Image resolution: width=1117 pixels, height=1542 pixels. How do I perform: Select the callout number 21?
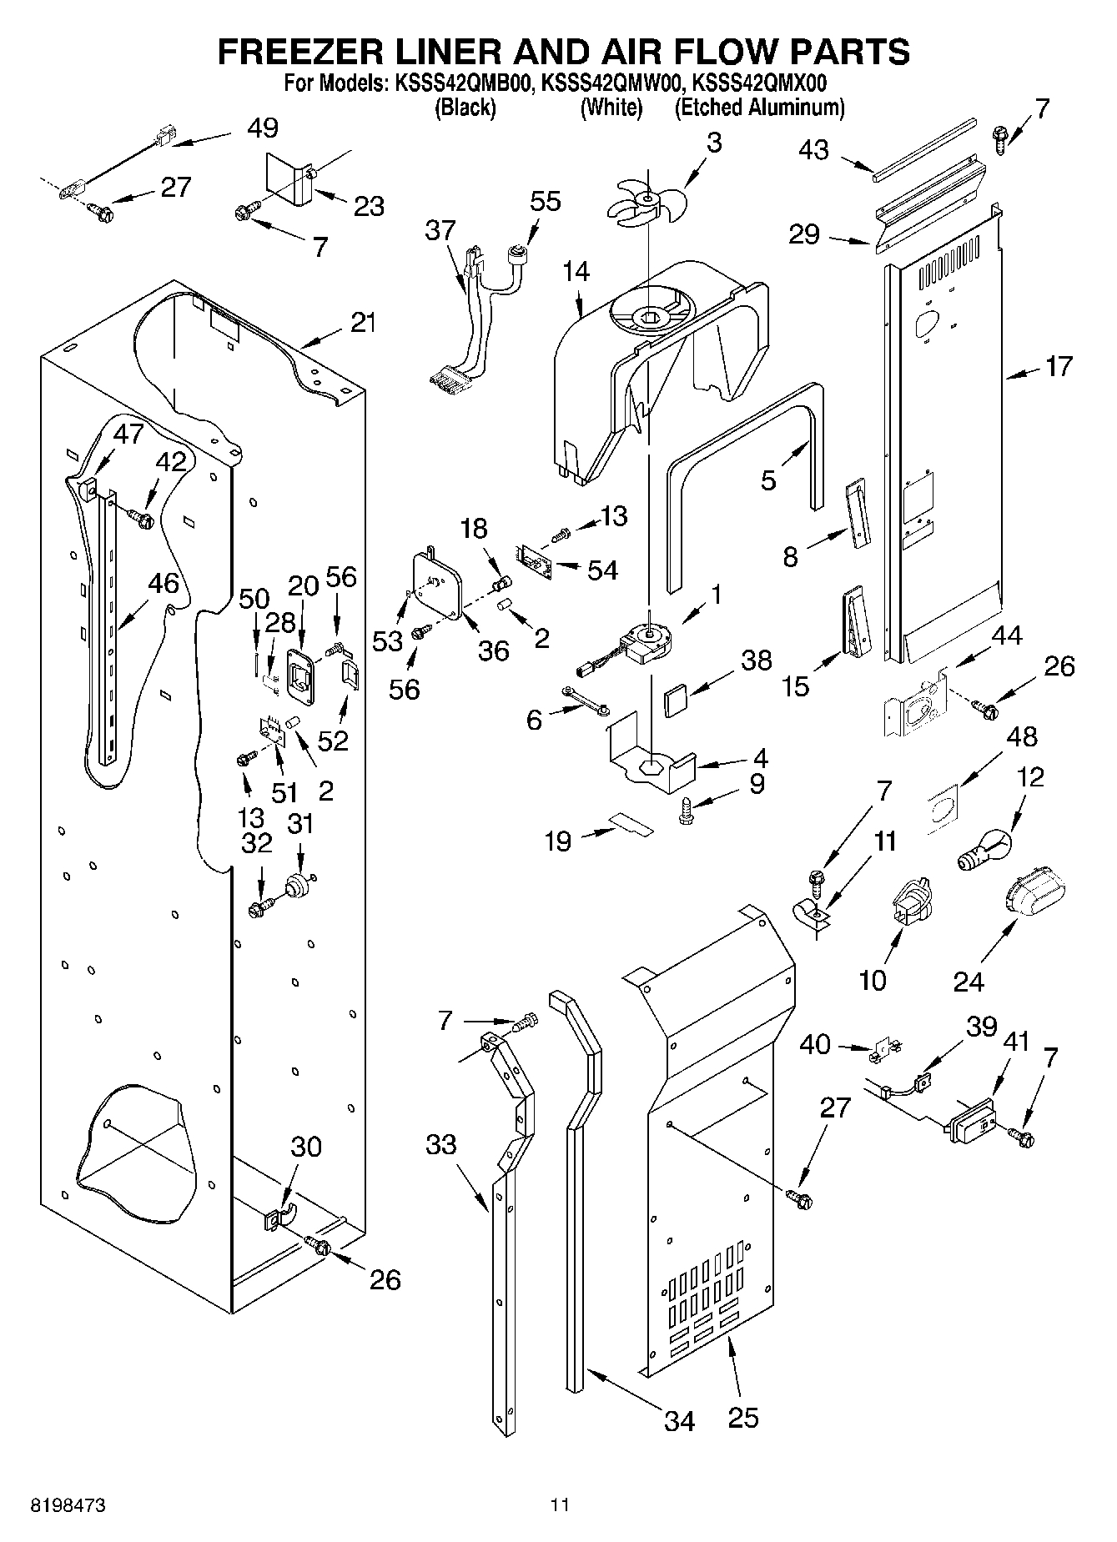click(363, 322)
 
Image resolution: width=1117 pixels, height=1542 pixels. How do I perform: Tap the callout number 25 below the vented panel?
click(743, 1417)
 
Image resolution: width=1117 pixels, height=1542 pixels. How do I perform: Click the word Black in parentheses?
click(465, 108)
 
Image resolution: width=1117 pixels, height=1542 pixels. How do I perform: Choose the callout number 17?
click(1058, 365)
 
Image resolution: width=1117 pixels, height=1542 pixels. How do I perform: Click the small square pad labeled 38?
click(676, 698)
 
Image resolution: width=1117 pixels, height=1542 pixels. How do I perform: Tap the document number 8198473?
click(68, 1506)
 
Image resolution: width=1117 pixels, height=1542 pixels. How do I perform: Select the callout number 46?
click(164, 583)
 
